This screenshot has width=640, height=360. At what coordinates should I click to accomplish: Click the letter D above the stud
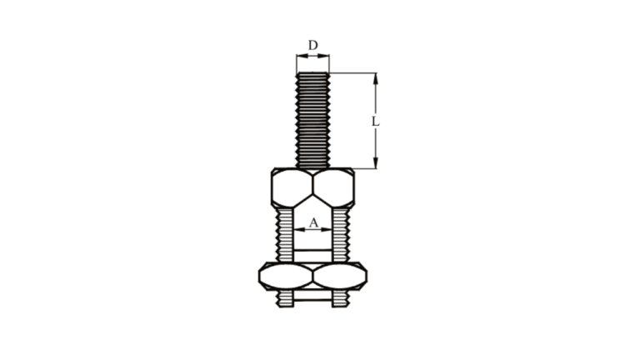pyautogui.click(x=312, y=44)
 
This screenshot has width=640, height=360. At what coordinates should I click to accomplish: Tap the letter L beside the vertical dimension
pyautogui.click(x=376, y=122)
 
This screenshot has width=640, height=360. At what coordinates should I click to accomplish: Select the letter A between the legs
pyautogui.click(x=312, y=222)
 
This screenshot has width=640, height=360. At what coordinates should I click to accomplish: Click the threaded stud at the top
pyautogui.click(x=312, y=121)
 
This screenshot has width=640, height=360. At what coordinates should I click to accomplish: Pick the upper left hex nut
pyautogui.click(x=292, y=188)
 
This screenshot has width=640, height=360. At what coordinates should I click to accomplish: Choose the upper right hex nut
pyautogui.click(x=333, y=188)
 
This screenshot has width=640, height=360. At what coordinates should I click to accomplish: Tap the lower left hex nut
pyautogui.click(x=286, y=276)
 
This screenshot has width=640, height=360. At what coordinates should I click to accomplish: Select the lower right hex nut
pyautogui.click(x=339, y=276)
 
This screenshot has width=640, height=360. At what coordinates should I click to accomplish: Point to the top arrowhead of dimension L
pyautogui.click(x=376, y=77)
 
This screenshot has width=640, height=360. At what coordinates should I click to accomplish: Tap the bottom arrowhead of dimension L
pyautogui.click(x=376, y=163)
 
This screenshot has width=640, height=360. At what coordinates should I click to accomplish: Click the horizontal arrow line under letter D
pyautogui.click(x=312, y=57)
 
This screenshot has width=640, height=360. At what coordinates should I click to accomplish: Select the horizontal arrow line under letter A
pyautogui.click(x=312, y=229)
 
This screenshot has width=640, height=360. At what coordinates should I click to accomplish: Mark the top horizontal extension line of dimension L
pyautogui.click(x=354, y=72)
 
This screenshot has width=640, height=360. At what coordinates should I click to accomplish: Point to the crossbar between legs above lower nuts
pyautogui.click(x=312, y=250)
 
